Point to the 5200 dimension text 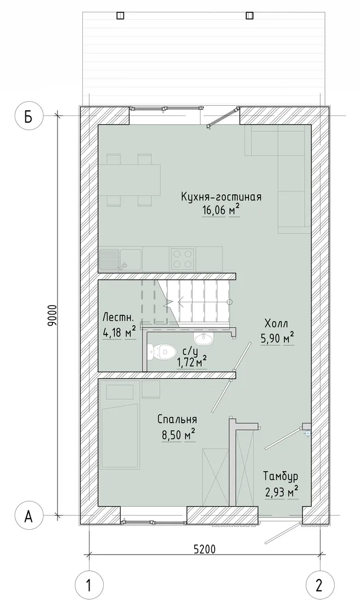coord(204,549)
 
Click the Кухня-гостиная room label coord(221,197)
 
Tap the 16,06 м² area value coord(220,211)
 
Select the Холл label coord(277,323)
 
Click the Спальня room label coord(177,419)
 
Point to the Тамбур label coord(281,476)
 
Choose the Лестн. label coord(118,318)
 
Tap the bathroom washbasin coord(203,339)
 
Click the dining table coord(130,180)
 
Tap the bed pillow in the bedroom coord(120,391)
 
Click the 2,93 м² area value coord(281,492)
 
